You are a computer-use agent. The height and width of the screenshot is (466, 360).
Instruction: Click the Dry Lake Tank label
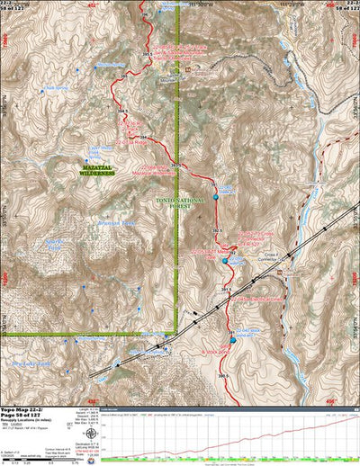[x=29, y=363]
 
